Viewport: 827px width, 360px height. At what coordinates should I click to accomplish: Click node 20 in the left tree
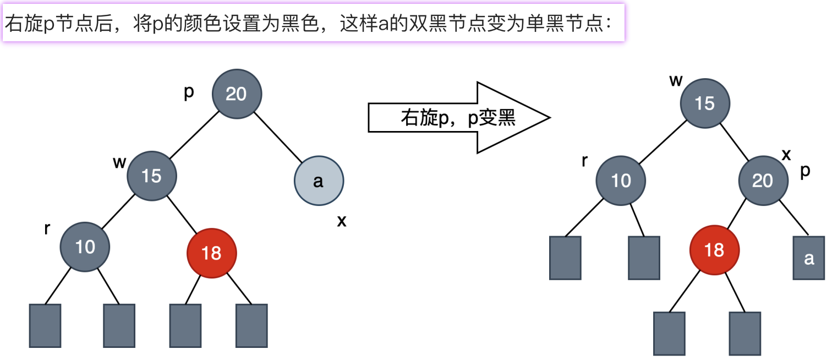(x=237, y=94)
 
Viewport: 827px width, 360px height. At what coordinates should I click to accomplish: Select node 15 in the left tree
(x=152, y=176)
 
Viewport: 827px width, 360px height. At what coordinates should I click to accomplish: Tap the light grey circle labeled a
(x=319, y=181)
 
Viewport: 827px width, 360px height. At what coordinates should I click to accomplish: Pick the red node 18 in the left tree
(x=212, y=253)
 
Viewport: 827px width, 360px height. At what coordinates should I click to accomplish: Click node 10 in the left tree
(x=85, y=247)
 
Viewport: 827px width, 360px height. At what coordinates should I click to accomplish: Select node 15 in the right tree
(x=705, y=103)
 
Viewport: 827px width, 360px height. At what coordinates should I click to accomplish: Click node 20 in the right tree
(x=763, y=180)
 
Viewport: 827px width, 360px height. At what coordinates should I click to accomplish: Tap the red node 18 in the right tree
(x=714, y=250)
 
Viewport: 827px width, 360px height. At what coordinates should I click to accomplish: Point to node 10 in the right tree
(x=621, y=180)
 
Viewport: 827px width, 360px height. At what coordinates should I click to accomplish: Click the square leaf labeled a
(x=809, y=258)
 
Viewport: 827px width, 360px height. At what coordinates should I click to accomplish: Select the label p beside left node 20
(x=189, y=93)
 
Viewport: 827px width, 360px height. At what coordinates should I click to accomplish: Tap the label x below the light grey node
(x=342, y=221)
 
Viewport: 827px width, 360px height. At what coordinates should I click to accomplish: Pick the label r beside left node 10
(x=47, y=229)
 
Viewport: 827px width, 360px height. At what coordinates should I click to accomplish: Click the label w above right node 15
(x=676, y=80)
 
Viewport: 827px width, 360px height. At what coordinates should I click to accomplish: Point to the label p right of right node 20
(x=805, y=171)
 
